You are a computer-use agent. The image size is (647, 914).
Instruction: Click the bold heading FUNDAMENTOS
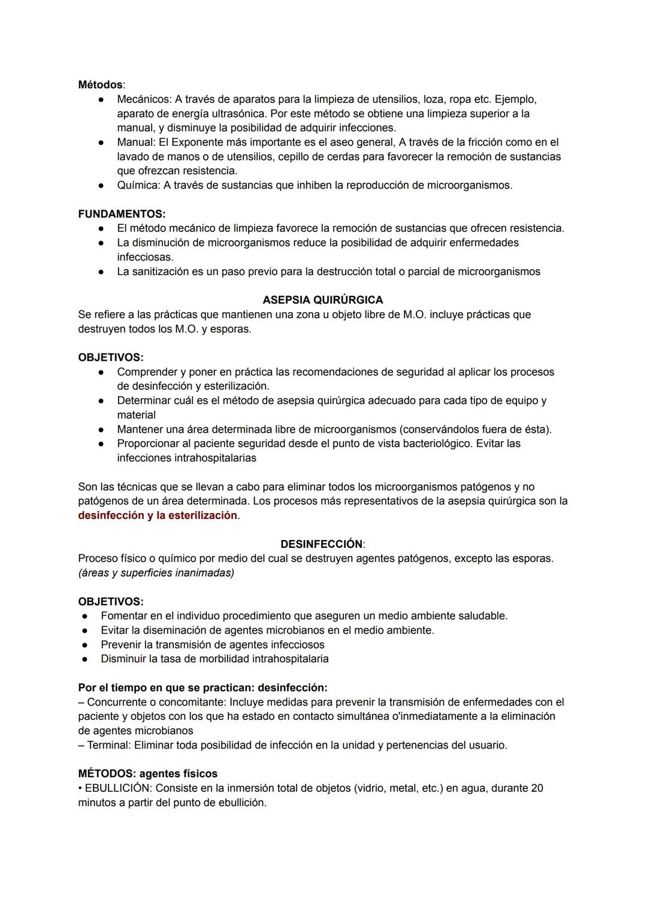tap(122, 214)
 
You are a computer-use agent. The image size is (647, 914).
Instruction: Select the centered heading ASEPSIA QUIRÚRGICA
tap(323, 300)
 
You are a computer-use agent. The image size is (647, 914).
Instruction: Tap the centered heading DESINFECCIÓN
tap(322, 544)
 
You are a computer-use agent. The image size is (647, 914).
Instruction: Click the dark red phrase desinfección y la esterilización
tap(158, 515)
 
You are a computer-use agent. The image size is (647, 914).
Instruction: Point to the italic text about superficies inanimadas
tap(156, 573)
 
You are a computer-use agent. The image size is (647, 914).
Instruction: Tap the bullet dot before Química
tap(102, 185)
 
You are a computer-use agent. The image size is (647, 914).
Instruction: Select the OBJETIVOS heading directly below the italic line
tap(111, 601)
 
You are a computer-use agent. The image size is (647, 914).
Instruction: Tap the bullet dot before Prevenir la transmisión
tap(86, 645)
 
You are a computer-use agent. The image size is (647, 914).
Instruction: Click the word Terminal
tap(108, 745)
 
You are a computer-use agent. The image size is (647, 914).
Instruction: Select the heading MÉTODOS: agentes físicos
tap(147, 774)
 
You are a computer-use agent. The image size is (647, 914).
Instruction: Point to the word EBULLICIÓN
tap(117, 788)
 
